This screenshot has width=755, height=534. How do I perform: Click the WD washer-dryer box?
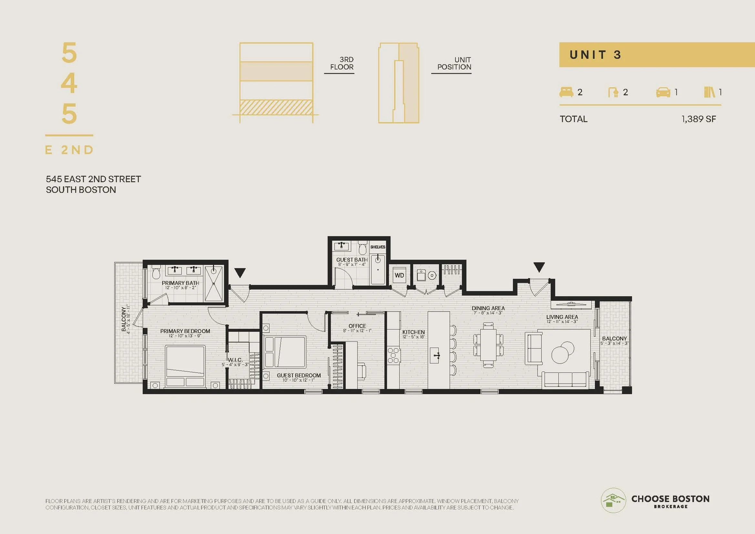point(399,275)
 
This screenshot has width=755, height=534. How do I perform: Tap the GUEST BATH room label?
point(352,260)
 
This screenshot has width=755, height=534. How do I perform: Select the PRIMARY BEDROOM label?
point(185,331)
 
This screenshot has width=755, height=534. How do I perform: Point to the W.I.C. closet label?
point(235,360)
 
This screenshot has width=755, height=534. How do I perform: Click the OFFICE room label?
point(357,326)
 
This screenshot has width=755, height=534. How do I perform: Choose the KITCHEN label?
point(413,332)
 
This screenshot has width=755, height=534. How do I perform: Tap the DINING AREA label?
point(488,308)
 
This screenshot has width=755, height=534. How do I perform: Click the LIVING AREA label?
point(562,317)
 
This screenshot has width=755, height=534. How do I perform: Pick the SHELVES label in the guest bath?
point(378,247)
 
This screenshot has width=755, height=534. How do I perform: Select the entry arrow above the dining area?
point(539,267)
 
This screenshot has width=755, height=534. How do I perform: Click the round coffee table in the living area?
point(563,352)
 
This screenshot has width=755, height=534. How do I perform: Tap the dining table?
point(488,344)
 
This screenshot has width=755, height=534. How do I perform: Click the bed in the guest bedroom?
point(285,352)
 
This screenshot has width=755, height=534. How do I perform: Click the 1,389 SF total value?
point(699,119)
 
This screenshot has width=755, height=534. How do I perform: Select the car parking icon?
point(663,92)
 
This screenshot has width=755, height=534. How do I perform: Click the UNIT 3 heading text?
point(595,55)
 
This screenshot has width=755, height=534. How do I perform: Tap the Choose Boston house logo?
point(613,500)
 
